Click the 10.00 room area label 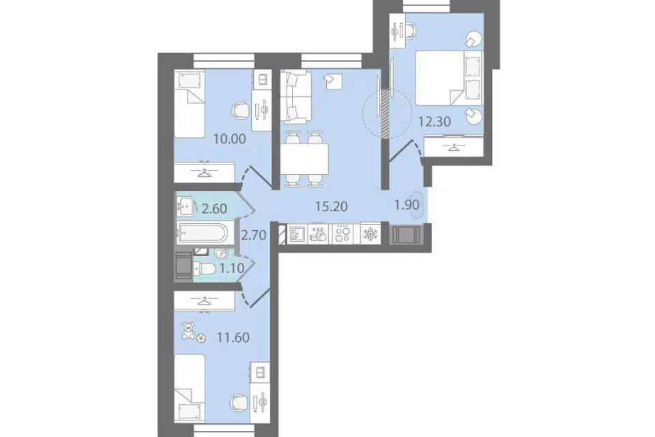[x=229, y=139]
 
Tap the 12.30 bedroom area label [x=435, y=122]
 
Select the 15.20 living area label [x=332, y=206]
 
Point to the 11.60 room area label [x=233, y=337]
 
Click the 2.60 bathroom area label [x=214, y=208]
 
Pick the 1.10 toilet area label [x=232, y=268]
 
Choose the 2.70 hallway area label [x=254, y=236]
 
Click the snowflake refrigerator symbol [x=370, y=234]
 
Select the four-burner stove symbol [x=342, y=234]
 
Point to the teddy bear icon [x=188, y=330]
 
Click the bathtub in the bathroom [x=203, y=233]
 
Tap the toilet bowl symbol [x=205, y=268]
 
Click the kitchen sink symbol [x=297, y=234]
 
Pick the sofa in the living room [x=295, y=98]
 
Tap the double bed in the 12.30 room [x=449, y=78]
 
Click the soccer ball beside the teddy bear [x=201, y=337]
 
